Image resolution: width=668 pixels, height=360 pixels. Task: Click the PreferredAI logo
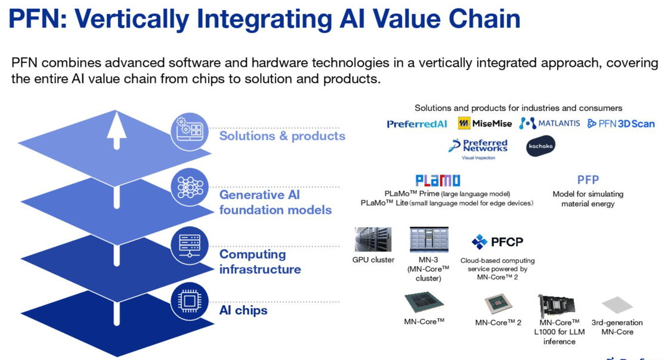pos(417,124)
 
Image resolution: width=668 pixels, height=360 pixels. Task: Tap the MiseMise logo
pos(485,123)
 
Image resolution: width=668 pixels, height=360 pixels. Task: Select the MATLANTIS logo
pos(549,123)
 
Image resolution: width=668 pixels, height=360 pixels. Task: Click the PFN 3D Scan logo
pos(621,124)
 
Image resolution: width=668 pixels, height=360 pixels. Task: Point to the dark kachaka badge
pos(540,146)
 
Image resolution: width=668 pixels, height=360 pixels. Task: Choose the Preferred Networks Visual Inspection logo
pos(478,148)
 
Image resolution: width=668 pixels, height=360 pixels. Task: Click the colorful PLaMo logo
pos(438,181)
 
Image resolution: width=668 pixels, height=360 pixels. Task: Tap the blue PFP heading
pos(588,180)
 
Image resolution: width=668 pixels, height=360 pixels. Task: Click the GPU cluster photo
pos(373,240)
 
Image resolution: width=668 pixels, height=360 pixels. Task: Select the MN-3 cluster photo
pos(429,240)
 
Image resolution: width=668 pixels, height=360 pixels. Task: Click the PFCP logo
pos(497,242)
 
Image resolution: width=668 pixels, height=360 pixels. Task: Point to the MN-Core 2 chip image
pos(497,304)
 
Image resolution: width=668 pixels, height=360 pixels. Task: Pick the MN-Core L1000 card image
pos(556,306)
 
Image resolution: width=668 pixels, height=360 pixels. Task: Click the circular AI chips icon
pos(190,301)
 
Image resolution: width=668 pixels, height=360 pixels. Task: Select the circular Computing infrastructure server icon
pos(190,246)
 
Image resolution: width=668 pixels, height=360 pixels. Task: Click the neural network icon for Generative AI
pos(190,187)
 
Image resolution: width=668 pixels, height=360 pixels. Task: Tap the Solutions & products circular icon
pos(190,132)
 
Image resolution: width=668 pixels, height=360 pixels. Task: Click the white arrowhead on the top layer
pos(116,123)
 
